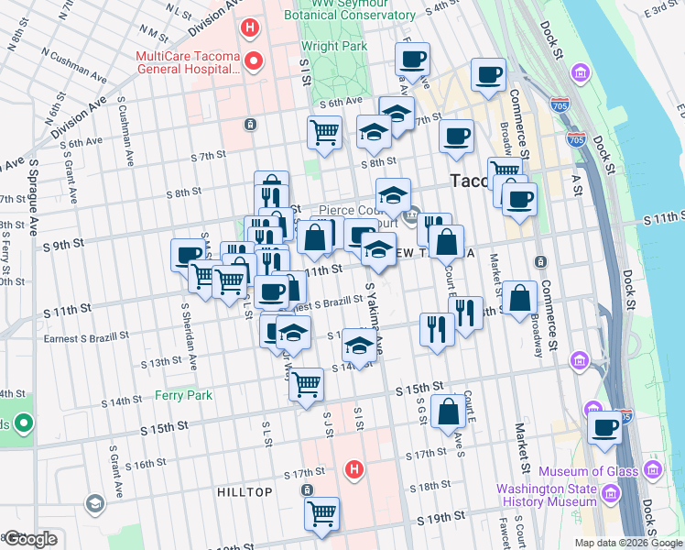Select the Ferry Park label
(183, 395)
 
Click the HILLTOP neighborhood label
(245, 492)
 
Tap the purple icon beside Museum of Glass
(652, 471)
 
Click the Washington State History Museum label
(547, 495)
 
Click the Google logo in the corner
(30, 539)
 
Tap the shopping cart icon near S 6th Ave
(325, 132)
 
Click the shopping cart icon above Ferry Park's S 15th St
(307, 384)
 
